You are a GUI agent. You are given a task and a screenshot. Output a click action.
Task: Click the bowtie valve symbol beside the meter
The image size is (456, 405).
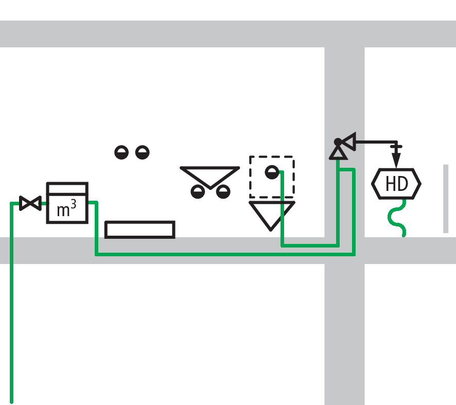(30, 203)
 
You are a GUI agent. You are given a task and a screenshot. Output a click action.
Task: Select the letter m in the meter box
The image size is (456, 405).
(63, 210)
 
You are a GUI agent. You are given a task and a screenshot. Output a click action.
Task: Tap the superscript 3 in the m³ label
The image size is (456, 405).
(74, 204)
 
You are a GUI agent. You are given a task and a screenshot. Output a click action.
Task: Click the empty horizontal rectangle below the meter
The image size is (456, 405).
(139, 229)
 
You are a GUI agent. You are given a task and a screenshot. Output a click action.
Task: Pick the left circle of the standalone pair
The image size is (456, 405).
(121, 152)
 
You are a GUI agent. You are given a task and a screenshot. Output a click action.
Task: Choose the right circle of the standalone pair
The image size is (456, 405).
(142, 152)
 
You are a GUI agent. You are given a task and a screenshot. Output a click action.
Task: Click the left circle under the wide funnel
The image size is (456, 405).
(198, 192)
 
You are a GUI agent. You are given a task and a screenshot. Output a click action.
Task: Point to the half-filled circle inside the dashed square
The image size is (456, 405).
(272, 172)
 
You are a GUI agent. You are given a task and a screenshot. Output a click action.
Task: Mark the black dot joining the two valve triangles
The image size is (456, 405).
(338, 142)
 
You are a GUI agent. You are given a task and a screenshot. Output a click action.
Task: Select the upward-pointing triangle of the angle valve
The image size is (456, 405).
(338, 152)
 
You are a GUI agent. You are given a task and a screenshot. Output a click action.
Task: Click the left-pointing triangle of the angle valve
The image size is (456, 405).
(349, 141)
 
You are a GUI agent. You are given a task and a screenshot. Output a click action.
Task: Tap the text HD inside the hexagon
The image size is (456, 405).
(396, 184)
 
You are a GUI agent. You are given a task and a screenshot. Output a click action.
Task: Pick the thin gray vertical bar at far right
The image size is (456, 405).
(446, 198)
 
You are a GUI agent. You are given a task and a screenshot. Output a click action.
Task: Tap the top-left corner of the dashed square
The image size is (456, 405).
(251, 157)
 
